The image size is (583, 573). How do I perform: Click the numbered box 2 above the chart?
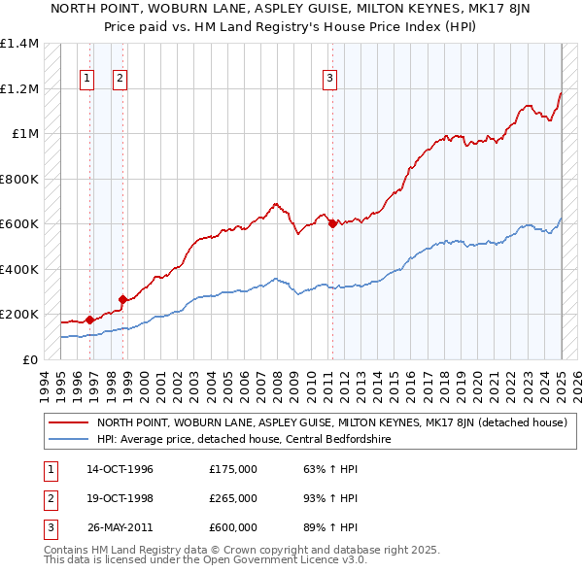tap(120, 79)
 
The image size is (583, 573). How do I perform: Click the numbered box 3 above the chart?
tap(330, 79)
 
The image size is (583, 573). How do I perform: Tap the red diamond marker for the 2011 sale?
tap(332, 223)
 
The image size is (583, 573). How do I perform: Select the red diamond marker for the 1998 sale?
tap(122, 299)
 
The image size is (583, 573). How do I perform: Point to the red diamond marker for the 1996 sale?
tap(89, 320)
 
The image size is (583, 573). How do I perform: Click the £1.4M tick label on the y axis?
tap(19, 44)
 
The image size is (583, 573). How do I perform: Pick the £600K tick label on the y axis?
tap(19, 224)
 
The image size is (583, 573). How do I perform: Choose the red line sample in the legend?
tap(68, 422)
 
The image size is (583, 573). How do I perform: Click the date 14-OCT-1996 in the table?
tap(120, 469)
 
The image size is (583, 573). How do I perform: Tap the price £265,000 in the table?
tap(233, 498)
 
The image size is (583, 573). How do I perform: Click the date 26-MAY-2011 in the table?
tap(120, 527)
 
